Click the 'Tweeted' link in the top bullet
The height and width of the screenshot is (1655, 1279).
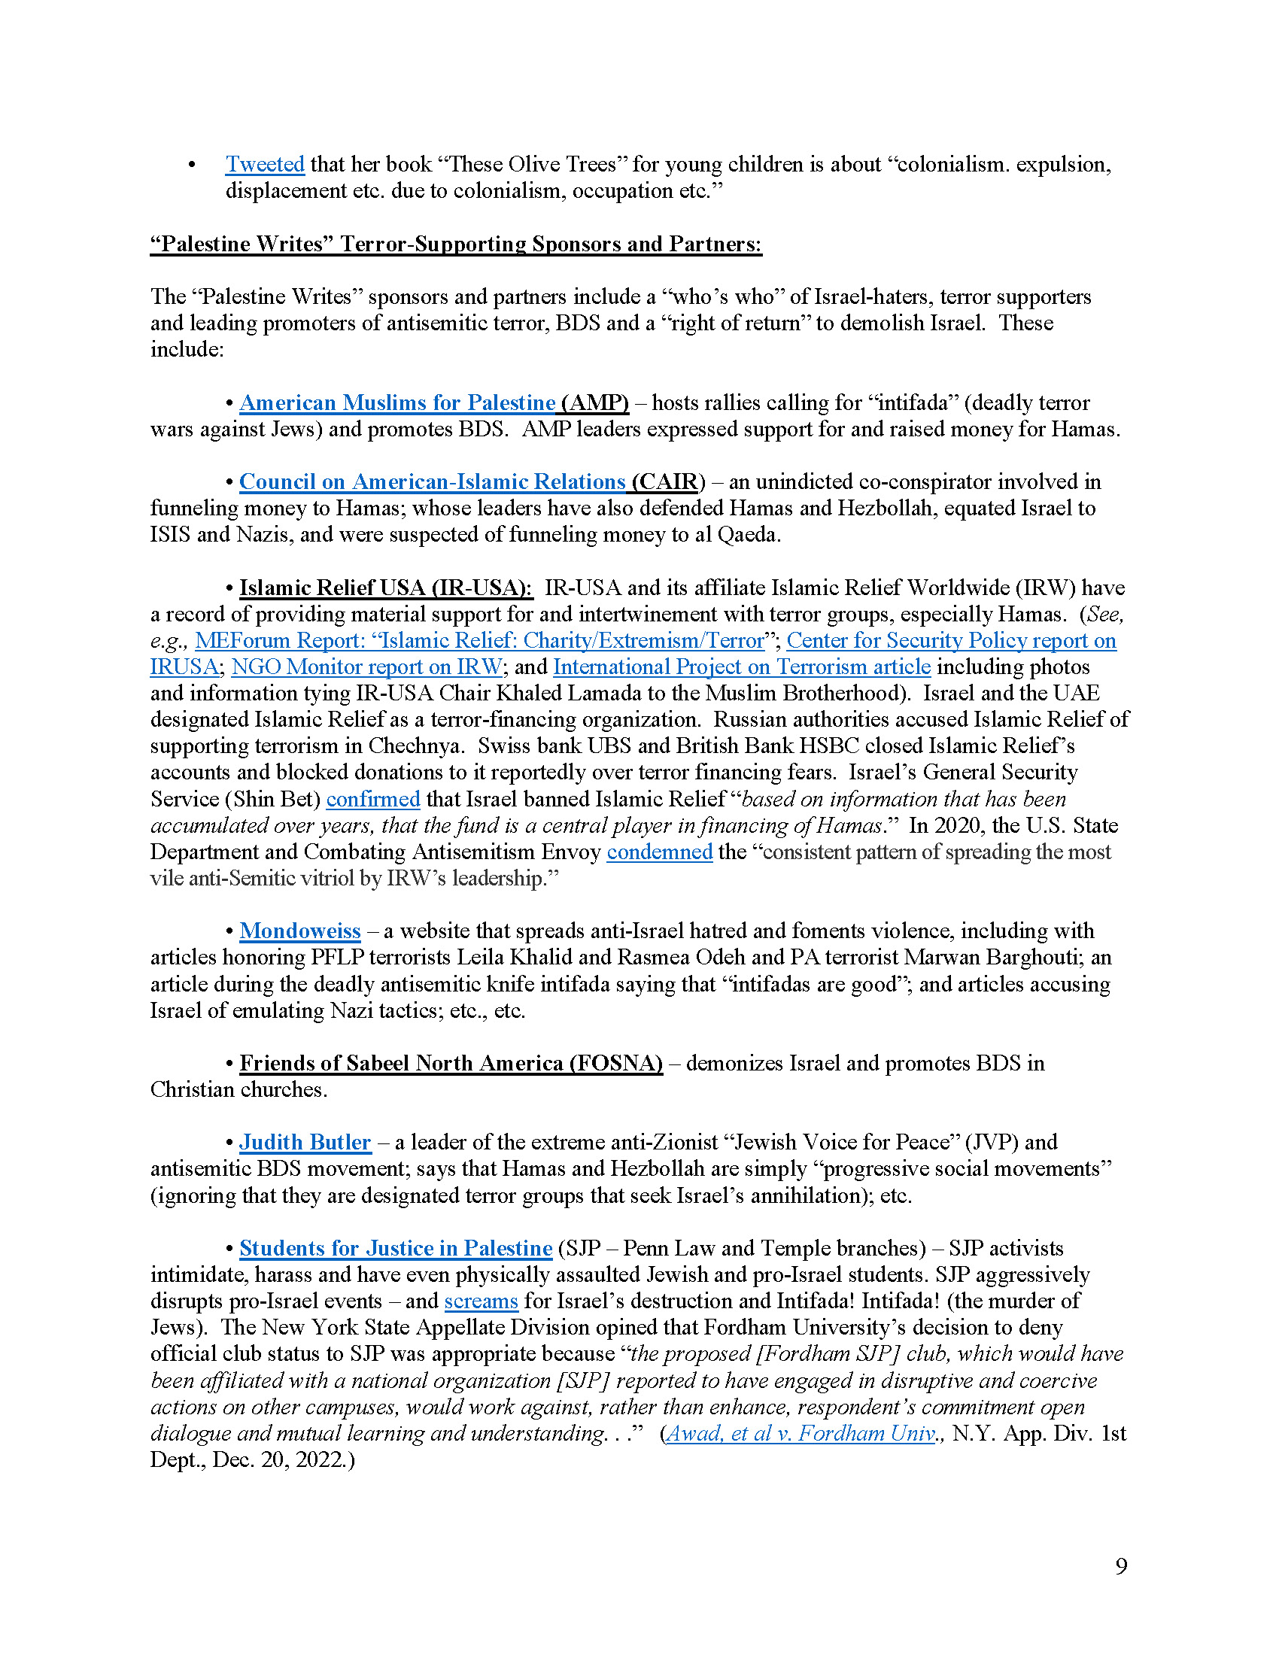pyautogui.click(x=264, y=165)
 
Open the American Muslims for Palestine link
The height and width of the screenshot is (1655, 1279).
pyautogui.click(x=397, y=402)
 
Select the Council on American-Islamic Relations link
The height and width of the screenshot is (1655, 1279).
pyautogui.click(x=432, y=482)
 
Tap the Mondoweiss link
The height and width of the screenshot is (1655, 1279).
pyautogui.click(x=300, y=931)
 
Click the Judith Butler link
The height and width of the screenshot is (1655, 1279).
pyautogui.click(x=305, y=1142)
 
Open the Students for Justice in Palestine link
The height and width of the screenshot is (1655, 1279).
pyautogui.click(x=396, y=1248)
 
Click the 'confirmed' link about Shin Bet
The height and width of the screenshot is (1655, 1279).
pyautogui.click(x=372, y=799)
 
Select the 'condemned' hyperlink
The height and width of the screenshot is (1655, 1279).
pyautogui.click(x=659, y=852)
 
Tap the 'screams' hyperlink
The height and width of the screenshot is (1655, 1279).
pyautogui.click(x=482, y=1301)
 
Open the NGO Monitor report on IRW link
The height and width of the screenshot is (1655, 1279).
pyautogui.click(x=366, y=667)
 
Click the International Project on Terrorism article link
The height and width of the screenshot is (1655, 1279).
pyautogui.click(x=742, y=667)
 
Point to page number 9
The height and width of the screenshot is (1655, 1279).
pyautogui.click(x=1121, y=1565)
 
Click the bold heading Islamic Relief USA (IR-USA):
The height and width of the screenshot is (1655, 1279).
pyautogui.click(x=386, y=588)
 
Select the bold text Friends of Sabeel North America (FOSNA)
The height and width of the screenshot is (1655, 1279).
pyautogui.click(x=451, y=1063)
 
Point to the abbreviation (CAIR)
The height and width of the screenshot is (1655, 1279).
pyautogui.click(x=668, y=482)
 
